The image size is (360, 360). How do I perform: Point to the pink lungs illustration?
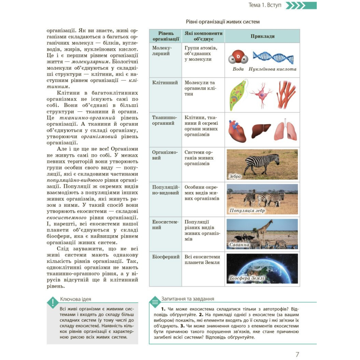pyautogui.click(x=285, y=131)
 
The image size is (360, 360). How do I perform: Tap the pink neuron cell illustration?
pyautogui.click(x=261, y=95)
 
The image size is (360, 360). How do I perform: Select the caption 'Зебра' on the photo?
pyautogui.click(x=235, y=176)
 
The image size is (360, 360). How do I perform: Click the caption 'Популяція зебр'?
pyautogui.click(x=247, y=211)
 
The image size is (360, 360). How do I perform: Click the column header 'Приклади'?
pyautogui.click(x=262, y=36)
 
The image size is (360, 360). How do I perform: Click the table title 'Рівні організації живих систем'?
pyautogui.click(x=223, y=22)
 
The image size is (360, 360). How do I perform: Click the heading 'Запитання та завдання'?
pyautogui.click(x=188, y=299)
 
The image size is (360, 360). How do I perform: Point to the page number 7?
pyautogui.click(x=297, y=354)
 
